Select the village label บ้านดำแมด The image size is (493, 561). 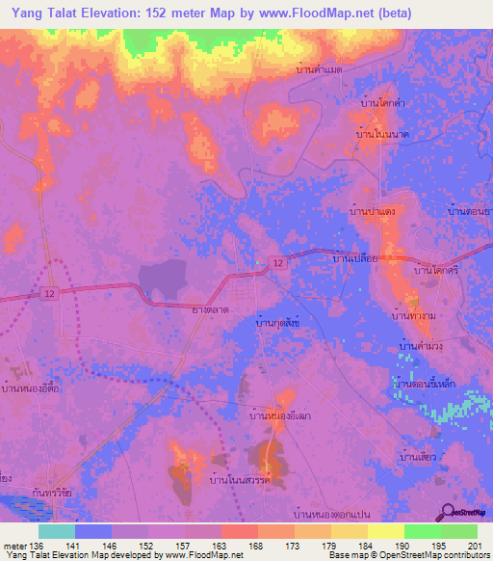(320, 70)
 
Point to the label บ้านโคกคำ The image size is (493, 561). (381, 101)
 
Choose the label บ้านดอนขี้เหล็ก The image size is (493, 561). (430, 384)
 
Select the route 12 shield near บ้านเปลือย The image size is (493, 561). (276, 262)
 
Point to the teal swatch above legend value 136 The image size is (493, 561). (56, 531)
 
